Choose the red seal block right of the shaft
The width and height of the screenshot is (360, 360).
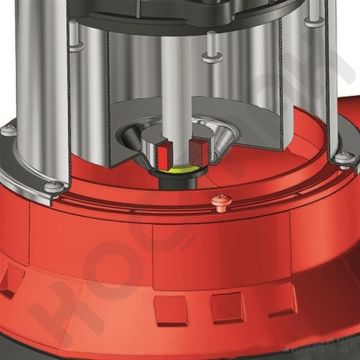pyautogui.click(x=202, y=153)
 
